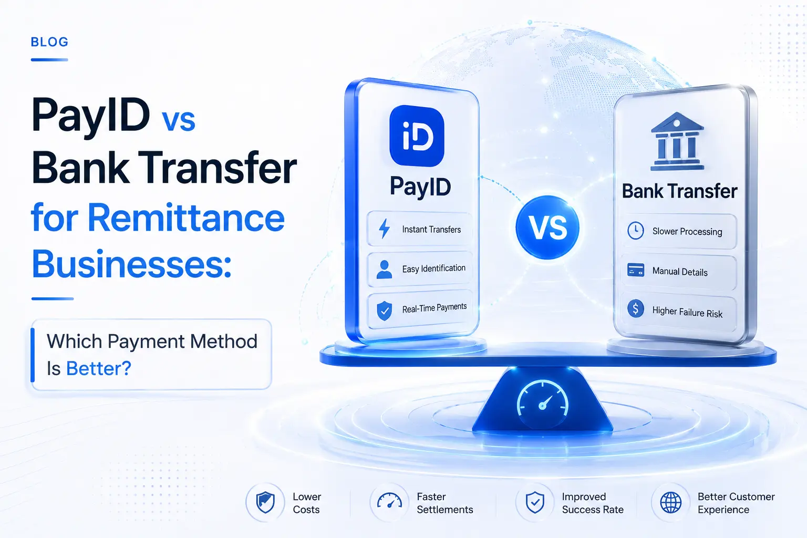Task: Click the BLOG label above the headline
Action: coord(49,42)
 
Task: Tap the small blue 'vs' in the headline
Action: coord(178,120)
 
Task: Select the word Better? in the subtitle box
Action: coord(99,368)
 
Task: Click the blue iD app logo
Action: coord(417,136)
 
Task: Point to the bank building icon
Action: coord(677,141)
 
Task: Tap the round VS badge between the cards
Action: coord(547,227)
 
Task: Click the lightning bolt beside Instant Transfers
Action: coord(385,229)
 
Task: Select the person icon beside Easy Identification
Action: coord(384,270)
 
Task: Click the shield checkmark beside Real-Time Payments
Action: coord(385,311)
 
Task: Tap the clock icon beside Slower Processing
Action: coord(636,230)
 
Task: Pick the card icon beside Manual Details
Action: coord(636,270)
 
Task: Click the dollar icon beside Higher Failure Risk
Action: coord(636,308)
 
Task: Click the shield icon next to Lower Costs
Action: coord(265,503)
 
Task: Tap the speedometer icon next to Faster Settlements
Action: coord(389,501)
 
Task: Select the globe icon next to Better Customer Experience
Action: coord(671,503)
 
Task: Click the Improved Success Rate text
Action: coord(593,503)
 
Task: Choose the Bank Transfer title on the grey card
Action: coord(679,191)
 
